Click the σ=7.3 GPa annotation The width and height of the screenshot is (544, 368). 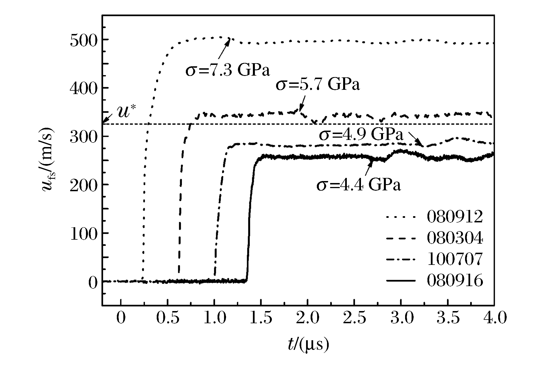[x=228, y=70]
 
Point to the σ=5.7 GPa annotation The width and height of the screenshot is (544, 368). [x=318, y=84]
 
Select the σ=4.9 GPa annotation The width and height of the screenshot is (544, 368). [x=361, y=135]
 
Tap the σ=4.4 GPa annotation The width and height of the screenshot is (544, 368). [x=359, y=185]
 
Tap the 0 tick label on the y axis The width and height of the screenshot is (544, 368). [x=93, y=282]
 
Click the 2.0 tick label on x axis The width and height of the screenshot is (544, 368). [x=308, y=319]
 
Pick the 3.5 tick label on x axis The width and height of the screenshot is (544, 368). [x=448, y=319]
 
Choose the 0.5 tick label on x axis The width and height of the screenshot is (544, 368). [x=168, y=319]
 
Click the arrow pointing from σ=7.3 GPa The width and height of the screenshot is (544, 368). [x=223, y=48]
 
